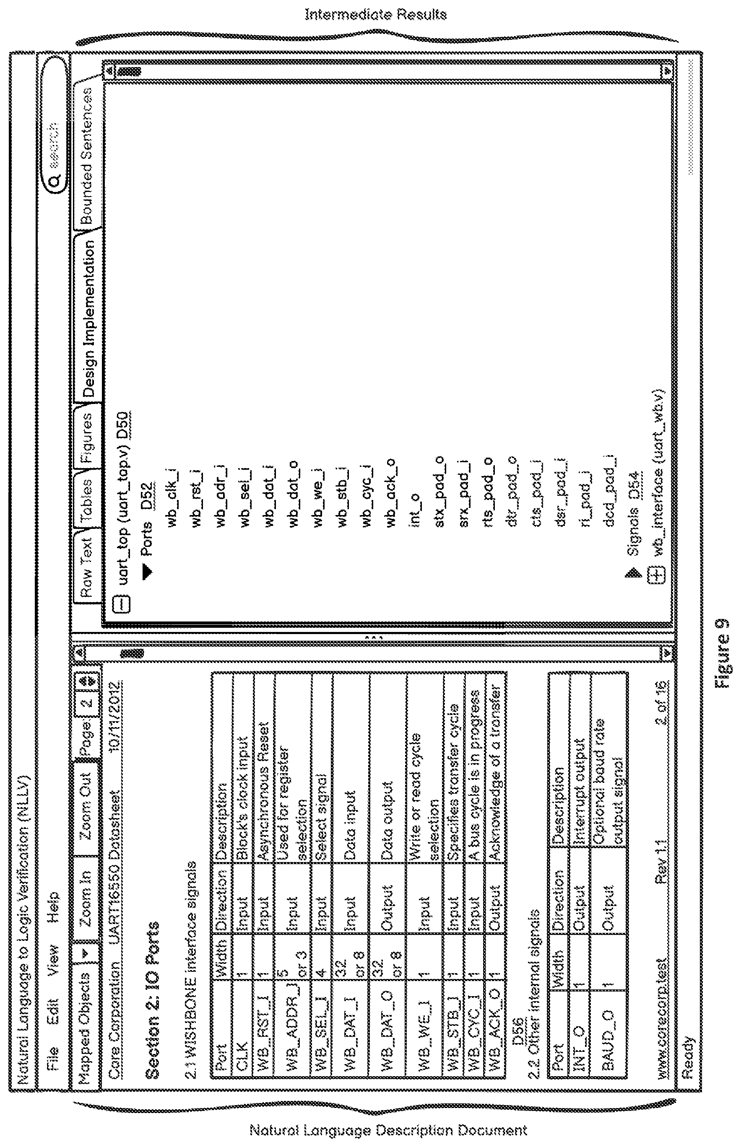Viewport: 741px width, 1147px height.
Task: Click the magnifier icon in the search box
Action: coord(55,180)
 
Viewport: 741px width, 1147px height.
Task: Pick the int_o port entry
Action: coord(414,509)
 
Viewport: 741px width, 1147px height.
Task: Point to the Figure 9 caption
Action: coord(724,646)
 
